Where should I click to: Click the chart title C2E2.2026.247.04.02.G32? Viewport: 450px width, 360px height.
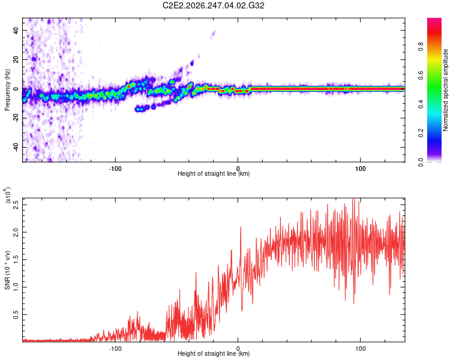(x=213, y=5)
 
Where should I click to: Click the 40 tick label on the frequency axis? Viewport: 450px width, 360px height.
(x=16, y=30)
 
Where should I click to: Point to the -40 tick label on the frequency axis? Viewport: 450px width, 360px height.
(x=16, y=147)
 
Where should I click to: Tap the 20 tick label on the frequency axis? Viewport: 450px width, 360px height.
(x=16, y=59)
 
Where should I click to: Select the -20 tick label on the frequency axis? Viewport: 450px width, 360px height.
(x=16, y=118)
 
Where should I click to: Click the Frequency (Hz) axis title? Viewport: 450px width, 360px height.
(x=7, y=90)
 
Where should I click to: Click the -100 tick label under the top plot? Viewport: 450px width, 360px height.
(x=115, y=169)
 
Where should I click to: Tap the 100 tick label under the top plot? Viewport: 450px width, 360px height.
(x=360, y=169)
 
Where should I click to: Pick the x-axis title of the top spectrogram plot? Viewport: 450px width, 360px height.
(x=214, y=173)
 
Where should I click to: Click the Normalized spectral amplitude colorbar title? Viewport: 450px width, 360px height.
(x=445, y=90)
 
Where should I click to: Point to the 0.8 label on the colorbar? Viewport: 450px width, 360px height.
(x=421, y=47)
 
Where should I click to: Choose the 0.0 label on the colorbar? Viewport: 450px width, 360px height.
(x=421, y=162)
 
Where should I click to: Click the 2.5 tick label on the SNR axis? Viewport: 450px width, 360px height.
(x=16, y=205)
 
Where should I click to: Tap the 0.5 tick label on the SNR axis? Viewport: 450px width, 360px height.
(x=16, y=314)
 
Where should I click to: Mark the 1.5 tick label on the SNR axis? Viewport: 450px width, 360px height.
(x=16, y=260)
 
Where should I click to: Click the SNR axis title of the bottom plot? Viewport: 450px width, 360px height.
(x=7, y=270)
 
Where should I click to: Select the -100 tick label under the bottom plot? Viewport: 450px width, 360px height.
(x=115, y=349)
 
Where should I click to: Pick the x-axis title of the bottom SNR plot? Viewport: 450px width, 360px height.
(x=214, y=353)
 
